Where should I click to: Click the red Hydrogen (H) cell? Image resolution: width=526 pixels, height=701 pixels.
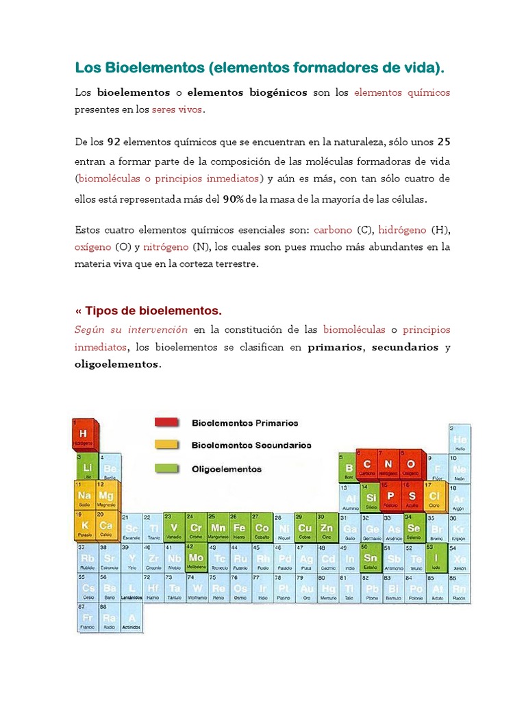click(83, 435)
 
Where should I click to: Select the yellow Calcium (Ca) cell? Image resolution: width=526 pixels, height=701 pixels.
click(105, 526)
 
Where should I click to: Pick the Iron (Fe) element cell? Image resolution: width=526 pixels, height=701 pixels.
click(240, 528)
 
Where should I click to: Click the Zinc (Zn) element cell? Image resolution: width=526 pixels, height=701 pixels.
click(327, 528)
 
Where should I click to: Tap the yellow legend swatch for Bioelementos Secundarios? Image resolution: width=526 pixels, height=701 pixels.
click(166, 445)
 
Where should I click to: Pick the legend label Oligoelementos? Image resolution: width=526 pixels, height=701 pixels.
click(227, 469)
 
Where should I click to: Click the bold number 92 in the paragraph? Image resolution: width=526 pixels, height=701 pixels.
click(115, 142)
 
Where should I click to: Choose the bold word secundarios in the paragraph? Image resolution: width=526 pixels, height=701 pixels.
click(405, 347)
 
